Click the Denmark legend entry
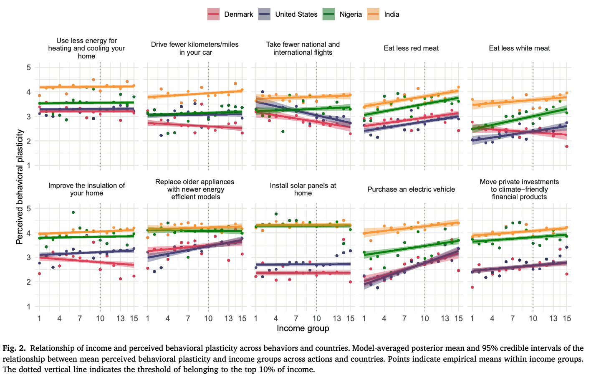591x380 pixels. [230, 14]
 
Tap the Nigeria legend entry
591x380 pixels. [342, 14]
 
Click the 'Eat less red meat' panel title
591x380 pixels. [411, 48]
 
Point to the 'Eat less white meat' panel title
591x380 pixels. [519, 48]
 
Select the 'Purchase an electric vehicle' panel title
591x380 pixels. [411, 189]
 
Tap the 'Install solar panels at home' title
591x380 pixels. [303, 189]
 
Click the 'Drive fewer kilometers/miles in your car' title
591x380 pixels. [195, 48]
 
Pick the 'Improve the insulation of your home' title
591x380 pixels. [86, 189]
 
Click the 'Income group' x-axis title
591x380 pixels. [303, 329]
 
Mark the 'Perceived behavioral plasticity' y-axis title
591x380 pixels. [19, 187]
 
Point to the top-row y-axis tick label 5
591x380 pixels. [29, 67]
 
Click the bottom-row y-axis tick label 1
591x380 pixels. [29, 307]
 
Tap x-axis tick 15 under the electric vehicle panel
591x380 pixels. [458, 319]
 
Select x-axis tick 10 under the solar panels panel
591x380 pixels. [316, 319]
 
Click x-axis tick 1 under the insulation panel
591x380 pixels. [39, 319]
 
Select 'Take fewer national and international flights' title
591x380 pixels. [303, 48]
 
